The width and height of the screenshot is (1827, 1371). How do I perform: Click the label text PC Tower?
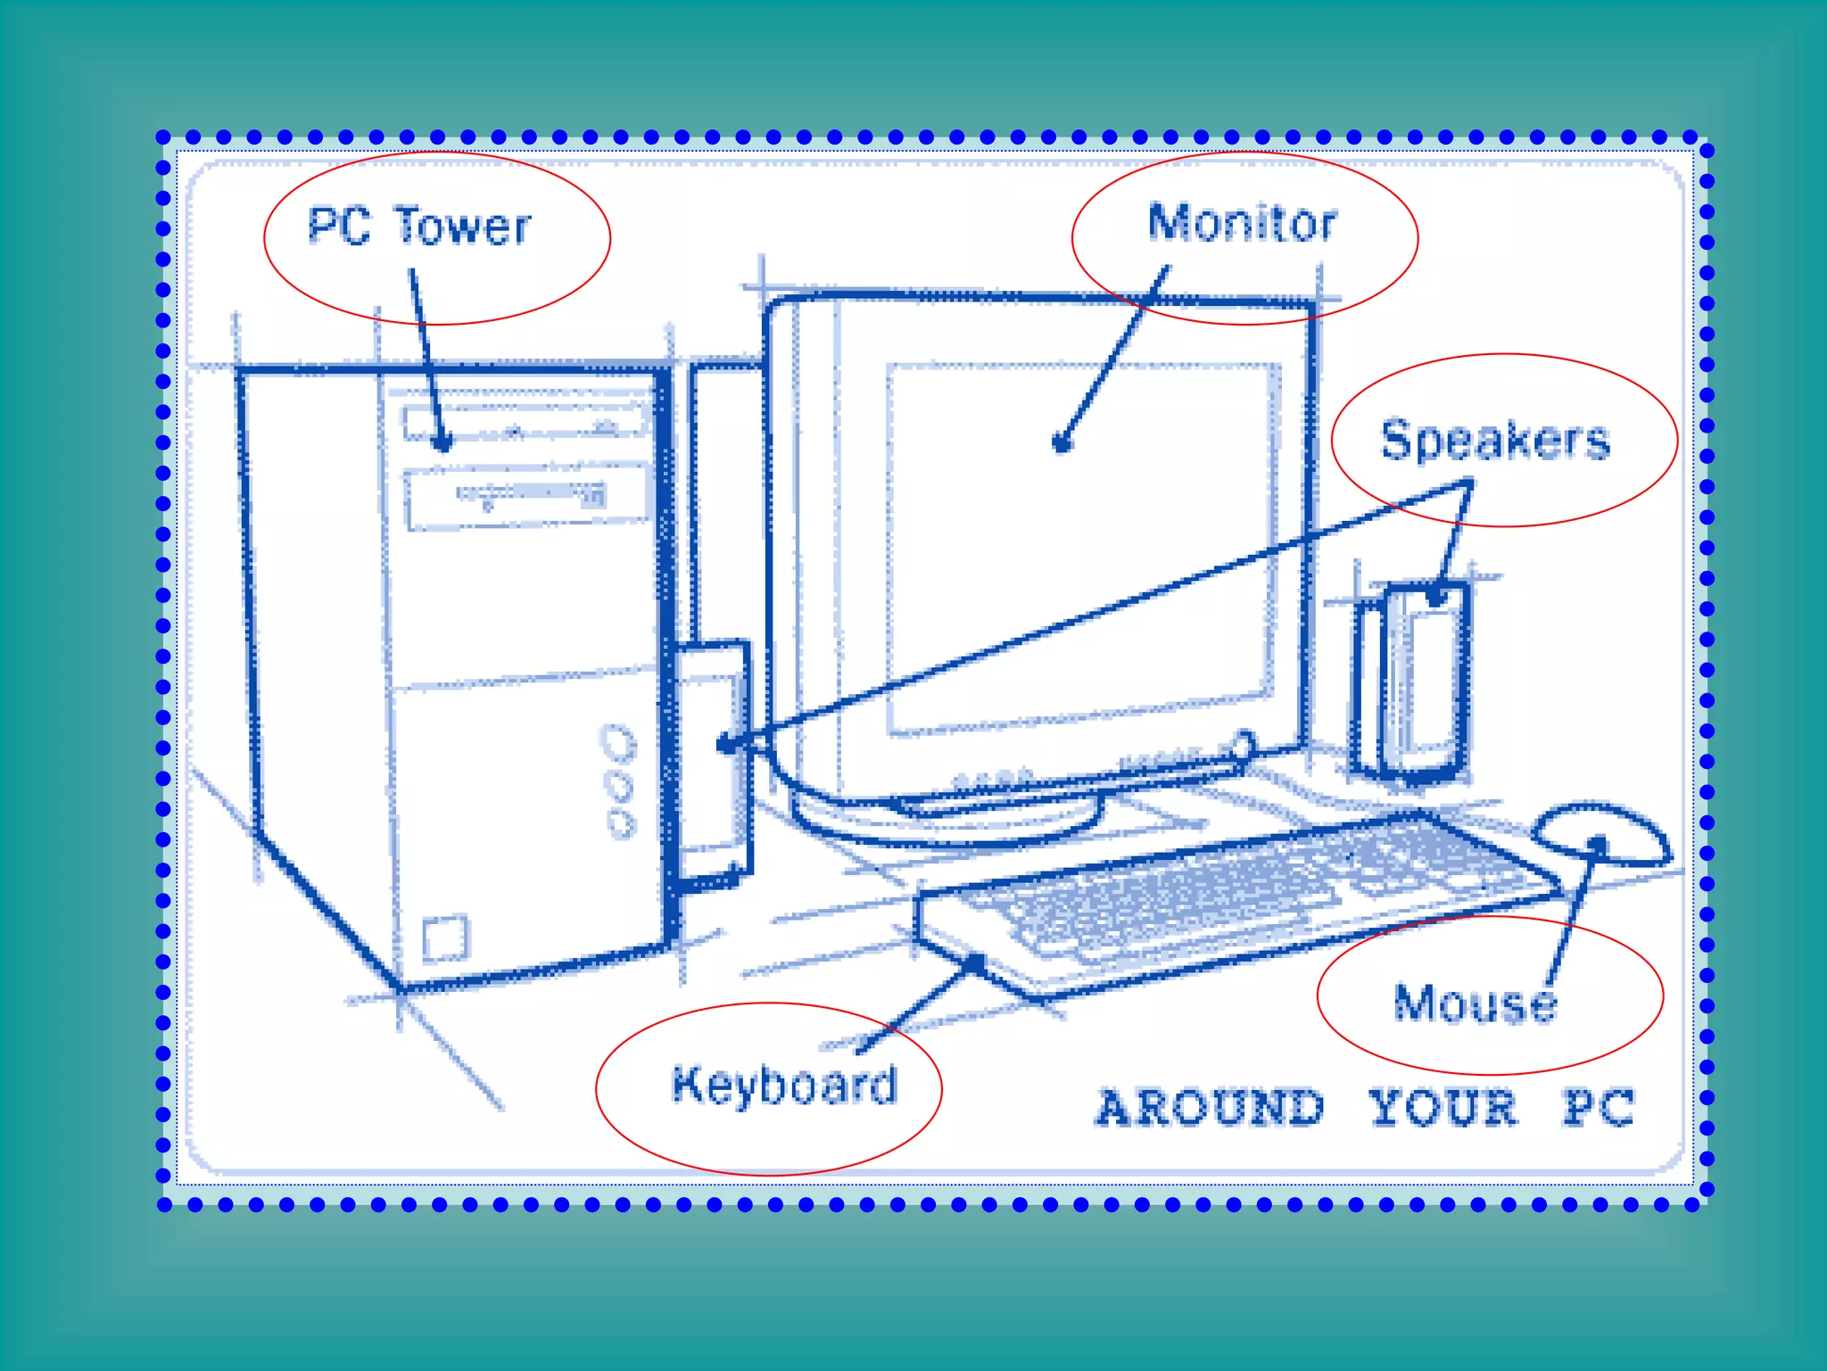tap(418, 226)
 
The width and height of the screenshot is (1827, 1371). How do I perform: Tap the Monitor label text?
tap(1242, 222)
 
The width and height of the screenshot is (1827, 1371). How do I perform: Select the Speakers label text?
tap(1495, 440)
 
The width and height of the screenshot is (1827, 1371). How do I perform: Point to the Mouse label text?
tap(1476, 1003)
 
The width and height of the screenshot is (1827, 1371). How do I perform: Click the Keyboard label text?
tap(784, 1085)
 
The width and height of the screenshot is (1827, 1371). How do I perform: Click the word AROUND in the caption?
tap(1210, 1108)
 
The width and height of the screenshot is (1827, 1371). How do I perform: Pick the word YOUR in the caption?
tap(1443, 1108)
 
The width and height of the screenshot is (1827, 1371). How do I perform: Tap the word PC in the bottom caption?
tap(1599, 1108)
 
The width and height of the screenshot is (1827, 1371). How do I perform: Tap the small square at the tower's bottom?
tap(445, 937)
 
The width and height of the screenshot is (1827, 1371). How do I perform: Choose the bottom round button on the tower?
tap(622, 823)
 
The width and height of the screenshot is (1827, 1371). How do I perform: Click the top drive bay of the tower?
tap(526, 421)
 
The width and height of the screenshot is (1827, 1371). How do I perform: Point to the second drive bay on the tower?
tap(527, 498)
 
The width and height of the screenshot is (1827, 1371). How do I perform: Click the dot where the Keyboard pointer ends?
tap(977, 962)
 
